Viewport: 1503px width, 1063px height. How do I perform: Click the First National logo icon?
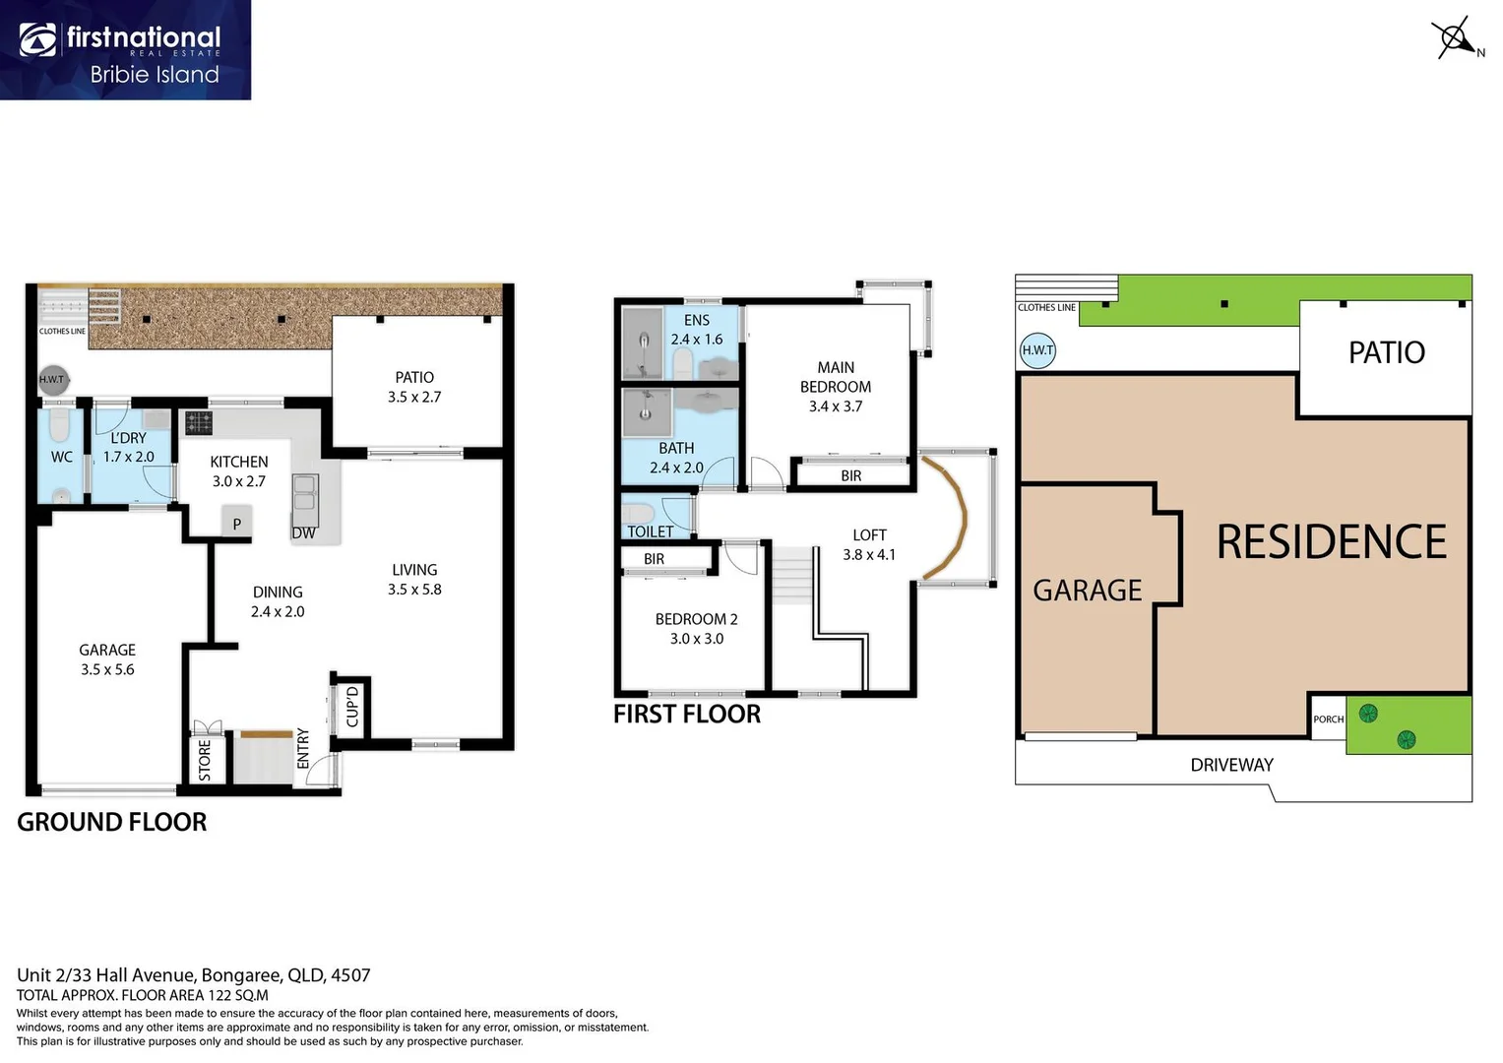pos(37,40)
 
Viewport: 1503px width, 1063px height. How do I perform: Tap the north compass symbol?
pos(1455,38)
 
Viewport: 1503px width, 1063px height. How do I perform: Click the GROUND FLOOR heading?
pos(112,823)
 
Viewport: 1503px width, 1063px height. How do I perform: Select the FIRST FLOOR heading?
pos(687,715)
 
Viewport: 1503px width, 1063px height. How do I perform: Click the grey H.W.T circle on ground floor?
pos(51,380)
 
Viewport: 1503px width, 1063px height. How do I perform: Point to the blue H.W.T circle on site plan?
pos(1037,350)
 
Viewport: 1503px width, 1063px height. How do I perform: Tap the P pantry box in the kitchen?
pos(236,524)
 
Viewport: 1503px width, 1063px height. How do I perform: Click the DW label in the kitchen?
pos(304,533)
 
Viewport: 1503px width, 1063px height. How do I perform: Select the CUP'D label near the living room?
pos(352,707)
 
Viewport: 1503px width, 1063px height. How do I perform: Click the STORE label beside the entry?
pos(205,761)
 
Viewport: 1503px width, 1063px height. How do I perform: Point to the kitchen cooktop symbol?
pos(199,423)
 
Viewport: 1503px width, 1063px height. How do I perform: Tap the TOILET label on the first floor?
pos(651,532)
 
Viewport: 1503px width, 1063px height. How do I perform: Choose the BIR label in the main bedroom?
pos(851,476)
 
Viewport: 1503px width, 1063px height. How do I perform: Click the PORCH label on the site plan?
pos(1328,719)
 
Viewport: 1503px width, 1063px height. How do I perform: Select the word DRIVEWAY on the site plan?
pos(1231,765)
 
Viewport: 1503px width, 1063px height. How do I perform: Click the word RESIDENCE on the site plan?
pos(1332,542)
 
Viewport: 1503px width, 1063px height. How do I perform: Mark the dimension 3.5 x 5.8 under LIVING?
pos(414,590)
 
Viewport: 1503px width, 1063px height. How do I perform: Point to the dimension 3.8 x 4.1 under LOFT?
pos(869,555)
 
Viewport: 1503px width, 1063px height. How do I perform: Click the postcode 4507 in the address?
pos(350,975)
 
